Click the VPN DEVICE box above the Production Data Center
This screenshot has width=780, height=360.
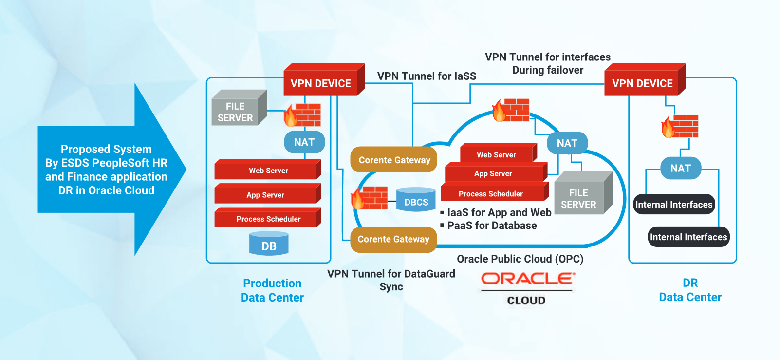pos(321,83)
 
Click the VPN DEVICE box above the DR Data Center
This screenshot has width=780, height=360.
pos(642,83)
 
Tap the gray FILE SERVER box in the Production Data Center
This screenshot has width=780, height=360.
pos(236,112)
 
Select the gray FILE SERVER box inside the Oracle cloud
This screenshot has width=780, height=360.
pos(579,198)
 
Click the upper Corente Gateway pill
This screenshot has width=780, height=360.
pos(394,160)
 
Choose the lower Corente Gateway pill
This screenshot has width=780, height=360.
pos(393,239)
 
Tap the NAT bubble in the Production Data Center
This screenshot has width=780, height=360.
pos(304,142)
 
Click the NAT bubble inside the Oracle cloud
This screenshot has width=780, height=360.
pos(567,143)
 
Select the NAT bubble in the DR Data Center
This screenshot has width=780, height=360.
pos(680,168)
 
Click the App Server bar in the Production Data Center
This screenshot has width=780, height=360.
pos(266,195)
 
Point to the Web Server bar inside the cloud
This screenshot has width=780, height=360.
pos(496,154)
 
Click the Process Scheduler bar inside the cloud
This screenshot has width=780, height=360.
pos(491,193)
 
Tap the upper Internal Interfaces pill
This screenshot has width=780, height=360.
pos(674,205)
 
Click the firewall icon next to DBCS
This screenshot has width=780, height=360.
pos(371,198)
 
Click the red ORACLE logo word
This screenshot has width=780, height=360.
pos(527,279)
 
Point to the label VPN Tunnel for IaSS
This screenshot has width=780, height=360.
pos(427,76)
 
